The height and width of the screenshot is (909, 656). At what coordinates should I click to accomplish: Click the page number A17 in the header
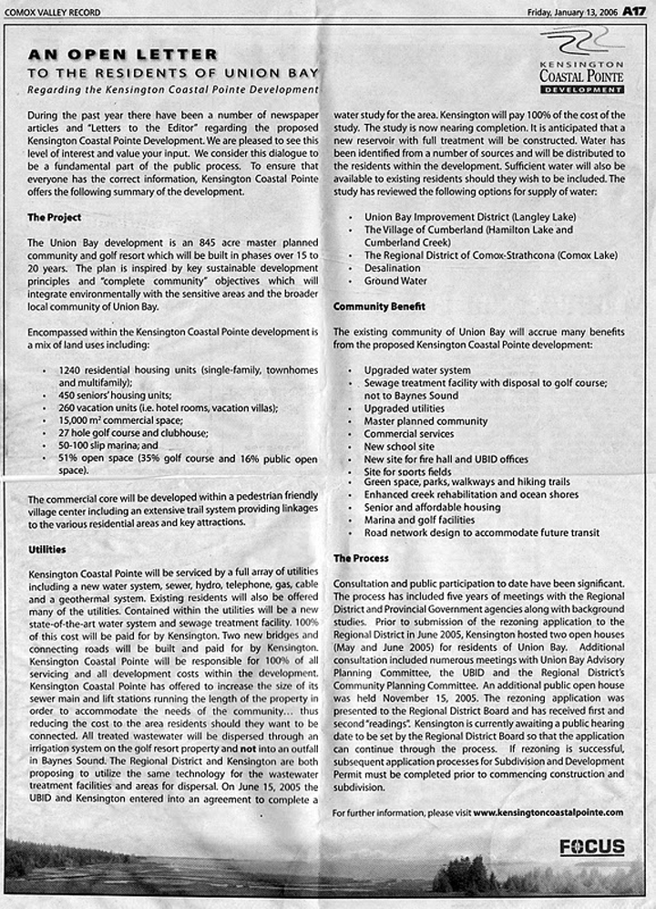(x=634, y=12)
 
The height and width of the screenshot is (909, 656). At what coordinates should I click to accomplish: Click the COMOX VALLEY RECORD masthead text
(x=52, y=13)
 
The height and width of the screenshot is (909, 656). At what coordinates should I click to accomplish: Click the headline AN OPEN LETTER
(x=122, y=55)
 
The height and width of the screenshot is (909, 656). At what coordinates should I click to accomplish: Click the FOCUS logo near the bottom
(x=592, y=847)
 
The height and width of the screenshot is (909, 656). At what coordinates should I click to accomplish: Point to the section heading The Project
(x=54, y=218)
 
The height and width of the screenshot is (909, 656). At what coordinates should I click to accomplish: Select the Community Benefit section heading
(x=374, y=306)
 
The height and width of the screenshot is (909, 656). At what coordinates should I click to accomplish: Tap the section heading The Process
(x=361, y=557)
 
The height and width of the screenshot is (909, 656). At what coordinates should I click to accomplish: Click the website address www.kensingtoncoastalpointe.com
(x=548, y=811)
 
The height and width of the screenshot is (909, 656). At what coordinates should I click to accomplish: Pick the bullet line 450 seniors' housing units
(x=115, y=395)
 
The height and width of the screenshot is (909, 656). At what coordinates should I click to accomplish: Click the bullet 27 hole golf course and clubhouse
(x=133, y=433)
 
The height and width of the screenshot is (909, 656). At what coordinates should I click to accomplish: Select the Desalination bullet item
(x=393, y=269)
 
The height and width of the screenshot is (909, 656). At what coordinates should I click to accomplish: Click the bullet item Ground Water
(x=395, y=282)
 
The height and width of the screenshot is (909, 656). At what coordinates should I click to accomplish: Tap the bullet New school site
(x=399, y=447)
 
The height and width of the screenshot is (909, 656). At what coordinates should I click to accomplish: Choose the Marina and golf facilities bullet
(x=419, y=520)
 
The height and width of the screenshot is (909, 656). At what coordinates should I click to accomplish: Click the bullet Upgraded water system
(x=417, y=371)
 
